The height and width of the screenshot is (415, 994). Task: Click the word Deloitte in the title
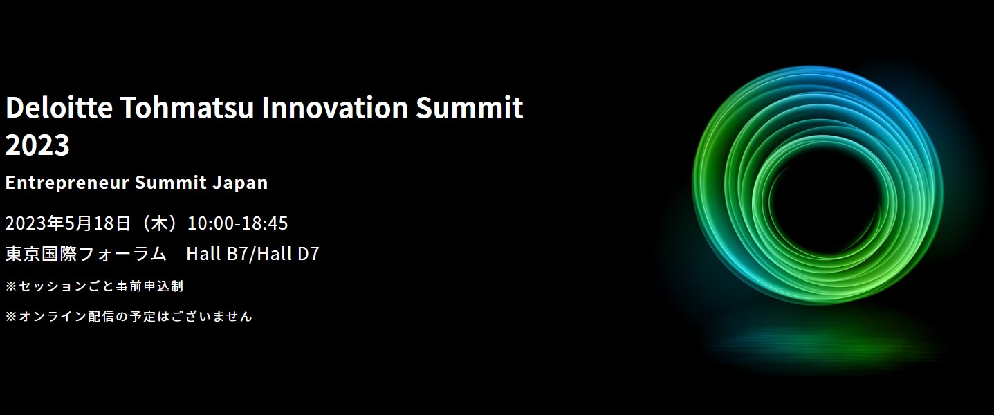[59, 107]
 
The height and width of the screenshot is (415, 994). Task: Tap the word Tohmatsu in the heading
[187, 107]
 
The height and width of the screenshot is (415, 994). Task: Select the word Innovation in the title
[335, 107]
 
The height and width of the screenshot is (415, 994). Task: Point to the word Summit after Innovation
[470, 107]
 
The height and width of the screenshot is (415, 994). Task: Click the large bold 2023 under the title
[37, 145]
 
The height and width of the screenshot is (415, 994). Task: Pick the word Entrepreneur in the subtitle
[67, 183]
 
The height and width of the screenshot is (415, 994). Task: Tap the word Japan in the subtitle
[240, 183]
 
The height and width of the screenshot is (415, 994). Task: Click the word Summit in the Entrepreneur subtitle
[171, 183]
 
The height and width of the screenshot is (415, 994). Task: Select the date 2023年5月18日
[68, 223]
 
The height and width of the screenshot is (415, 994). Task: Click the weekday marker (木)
[159, 223]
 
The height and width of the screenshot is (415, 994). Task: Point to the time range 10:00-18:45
[238, 223]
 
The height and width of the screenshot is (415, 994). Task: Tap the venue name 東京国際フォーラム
[86, 254]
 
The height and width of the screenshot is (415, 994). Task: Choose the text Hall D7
[288, 254]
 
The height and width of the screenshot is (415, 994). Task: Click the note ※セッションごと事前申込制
[94, 286]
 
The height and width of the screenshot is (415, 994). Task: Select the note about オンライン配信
[129, 316]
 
